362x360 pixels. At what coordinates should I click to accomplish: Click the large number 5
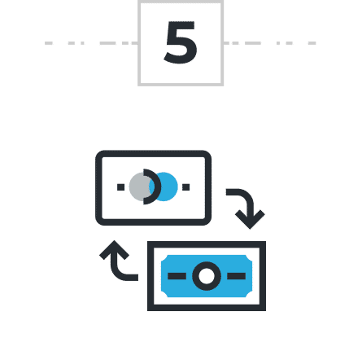tap(181, 42)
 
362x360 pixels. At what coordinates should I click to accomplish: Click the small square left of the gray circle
tap(120, 187)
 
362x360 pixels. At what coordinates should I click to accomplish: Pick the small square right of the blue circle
tap(186, 187)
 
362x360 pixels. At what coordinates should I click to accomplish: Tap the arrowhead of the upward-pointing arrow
tap(114, 250)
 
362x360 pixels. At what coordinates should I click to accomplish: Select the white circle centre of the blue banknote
tap(207, 276)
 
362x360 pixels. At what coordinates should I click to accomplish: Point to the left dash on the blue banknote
tap(177, 276)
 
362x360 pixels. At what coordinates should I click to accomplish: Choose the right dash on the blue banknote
tap(236, 276)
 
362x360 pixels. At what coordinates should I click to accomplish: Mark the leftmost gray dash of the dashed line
tap(49, 43)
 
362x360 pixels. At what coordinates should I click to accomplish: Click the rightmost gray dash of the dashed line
tap(312, 43)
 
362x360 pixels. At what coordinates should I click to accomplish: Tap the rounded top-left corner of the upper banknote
tap(98, 153)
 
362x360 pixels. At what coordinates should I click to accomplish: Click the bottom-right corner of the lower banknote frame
tap(264, 310)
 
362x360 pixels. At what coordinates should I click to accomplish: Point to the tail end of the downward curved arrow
tap(227, 192)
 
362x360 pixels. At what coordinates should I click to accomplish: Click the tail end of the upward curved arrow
tap(137, 278)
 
